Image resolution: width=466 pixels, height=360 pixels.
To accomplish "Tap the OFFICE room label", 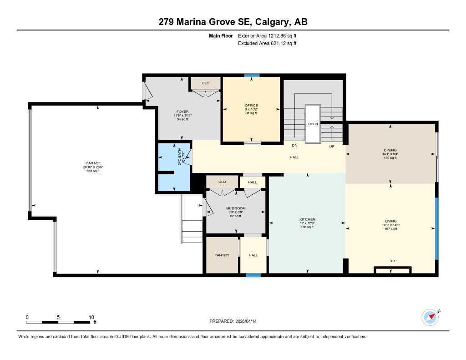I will [x=251, y=106].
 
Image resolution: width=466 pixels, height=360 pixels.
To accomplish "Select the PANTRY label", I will [x=222, y=255].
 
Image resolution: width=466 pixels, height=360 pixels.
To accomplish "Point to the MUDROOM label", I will [x=236, y=208].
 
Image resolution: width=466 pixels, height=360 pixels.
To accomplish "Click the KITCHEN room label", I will [x=308, y=219].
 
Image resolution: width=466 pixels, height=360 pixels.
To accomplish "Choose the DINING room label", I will [x=390, y=150].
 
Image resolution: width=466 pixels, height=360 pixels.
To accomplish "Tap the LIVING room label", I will [x=391, y=221].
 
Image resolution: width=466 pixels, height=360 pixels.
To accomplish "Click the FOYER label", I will [x=182, y=112].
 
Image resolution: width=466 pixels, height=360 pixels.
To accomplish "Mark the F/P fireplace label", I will [x=394, y=261].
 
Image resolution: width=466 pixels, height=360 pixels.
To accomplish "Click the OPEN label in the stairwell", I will [x=313, y=124].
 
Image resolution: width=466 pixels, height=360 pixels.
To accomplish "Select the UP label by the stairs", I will [x=332, y=147].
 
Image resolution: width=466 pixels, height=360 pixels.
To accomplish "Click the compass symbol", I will [x=430, y=317].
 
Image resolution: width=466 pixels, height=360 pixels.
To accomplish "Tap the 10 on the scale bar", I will [x=91, y=317].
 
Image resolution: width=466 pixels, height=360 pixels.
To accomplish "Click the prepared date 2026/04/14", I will [x=250, y=321].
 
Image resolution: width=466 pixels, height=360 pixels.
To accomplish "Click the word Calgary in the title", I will [x=271, y=22].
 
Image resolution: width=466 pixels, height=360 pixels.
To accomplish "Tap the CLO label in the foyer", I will [x=205, y=83].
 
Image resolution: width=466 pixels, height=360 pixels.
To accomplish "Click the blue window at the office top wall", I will [x=252, y=75].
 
